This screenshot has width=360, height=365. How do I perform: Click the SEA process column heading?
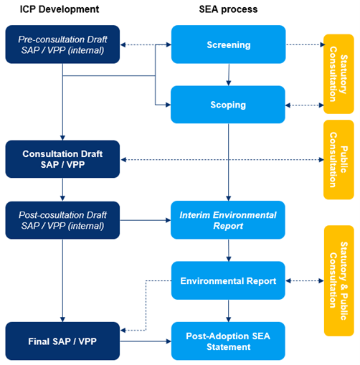(228, 9)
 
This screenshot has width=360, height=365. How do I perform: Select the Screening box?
(228, 44)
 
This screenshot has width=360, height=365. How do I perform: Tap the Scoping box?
(228, 105)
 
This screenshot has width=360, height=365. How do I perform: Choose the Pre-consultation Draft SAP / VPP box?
(62, 44)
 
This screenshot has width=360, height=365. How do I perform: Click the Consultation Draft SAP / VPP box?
(62, 158)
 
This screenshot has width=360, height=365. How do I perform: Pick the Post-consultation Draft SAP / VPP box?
(62, 219)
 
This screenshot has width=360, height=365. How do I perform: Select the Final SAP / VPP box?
(62, 341)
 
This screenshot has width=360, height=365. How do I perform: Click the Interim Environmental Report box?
(228, 219)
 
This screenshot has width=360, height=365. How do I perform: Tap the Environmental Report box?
(228, 280)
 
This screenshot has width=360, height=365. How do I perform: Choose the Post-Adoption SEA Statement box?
(228, 341)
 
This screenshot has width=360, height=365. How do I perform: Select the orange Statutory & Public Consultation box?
(338, 280)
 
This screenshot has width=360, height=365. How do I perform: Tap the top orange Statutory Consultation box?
(338, 74)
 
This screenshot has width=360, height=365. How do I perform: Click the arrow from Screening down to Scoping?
(228, 75)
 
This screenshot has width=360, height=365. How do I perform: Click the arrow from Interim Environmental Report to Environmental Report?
(228, 250)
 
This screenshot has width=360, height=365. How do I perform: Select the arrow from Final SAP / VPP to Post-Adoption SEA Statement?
(146, 341)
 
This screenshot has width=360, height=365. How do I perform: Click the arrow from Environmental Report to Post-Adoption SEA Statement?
(228, 311)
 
